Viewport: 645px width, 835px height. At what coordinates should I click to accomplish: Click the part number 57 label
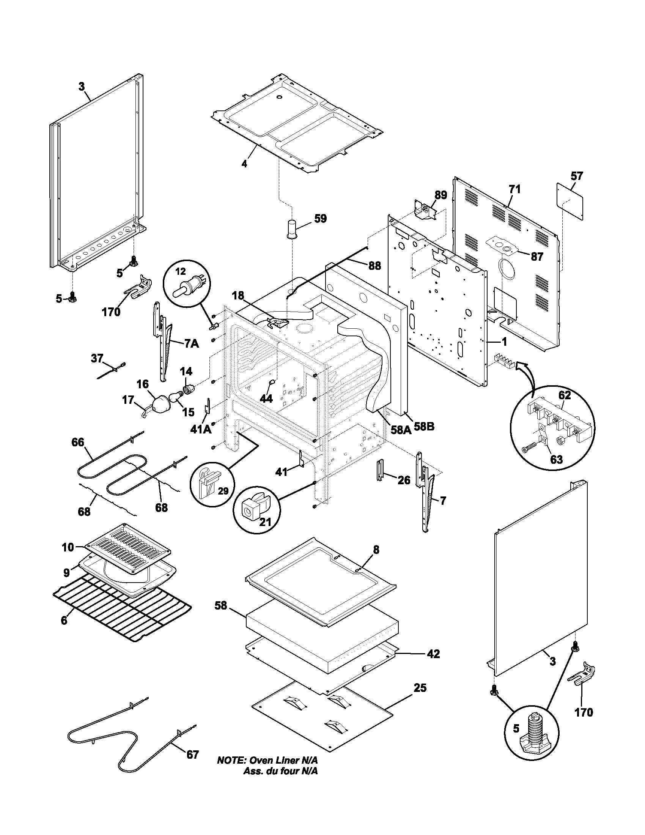click(x=577, y=176)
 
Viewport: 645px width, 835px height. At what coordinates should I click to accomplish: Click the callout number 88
click(x=374, y=266)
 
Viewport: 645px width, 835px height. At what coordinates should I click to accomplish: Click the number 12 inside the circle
click(x=180, y=271)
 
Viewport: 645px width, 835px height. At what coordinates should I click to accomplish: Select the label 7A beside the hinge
click(x=192, y=343)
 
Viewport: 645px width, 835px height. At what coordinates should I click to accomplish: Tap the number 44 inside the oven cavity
click(x=266, y=399)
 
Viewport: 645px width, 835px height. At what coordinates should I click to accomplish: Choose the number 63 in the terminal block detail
click(x=556, y=459)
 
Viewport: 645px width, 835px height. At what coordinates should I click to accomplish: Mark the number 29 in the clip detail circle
click(x=223, y=491)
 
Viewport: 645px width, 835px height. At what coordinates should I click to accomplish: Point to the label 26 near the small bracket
click(x=404, y=480)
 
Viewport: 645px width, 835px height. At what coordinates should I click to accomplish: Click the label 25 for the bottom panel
click(x=420, y=688)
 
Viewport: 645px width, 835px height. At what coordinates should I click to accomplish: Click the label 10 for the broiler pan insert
click(x=68, y=547)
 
